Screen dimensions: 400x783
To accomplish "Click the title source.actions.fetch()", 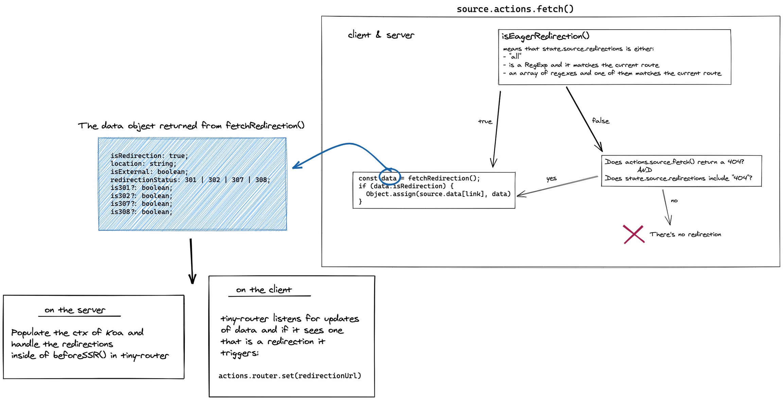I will [515, 9].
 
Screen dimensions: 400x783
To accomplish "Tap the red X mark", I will [633, 234].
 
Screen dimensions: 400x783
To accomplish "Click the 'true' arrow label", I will [485, 122].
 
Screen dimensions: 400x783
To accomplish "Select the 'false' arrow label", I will [601, 121].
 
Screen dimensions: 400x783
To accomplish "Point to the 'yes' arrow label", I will [551, 178].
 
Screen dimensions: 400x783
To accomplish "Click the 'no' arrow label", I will [674, 201].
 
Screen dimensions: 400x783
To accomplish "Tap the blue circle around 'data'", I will [389, 176].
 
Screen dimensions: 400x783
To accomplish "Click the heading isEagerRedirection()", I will [545, 36].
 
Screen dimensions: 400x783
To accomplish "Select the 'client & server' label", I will [381, 35].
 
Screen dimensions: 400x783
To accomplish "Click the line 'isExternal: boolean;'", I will [149, 172].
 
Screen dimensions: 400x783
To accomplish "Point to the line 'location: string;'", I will [143, 164].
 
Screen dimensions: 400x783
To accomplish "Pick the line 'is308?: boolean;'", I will [141, 212].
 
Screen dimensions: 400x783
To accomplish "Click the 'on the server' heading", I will [75, 310].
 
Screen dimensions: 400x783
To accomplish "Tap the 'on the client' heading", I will [264, 290].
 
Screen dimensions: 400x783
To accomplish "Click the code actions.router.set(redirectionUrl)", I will [290, 375].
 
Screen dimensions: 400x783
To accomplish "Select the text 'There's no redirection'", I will [685, 234].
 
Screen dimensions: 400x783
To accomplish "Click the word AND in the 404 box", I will [644, 170].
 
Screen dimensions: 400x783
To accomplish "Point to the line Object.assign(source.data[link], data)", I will [438, 194].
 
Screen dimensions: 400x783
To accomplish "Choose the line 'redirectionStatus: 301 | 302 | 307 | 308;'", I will [190, 180].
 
